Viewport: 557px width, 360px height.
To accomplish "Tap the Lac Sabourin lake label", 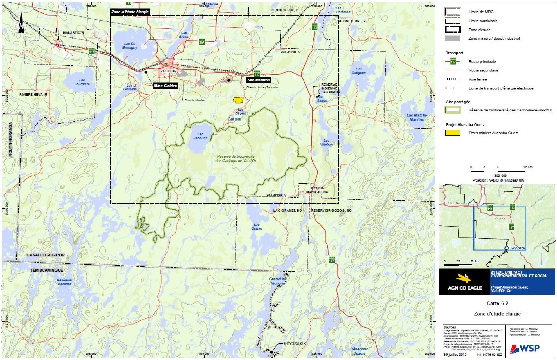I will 201,136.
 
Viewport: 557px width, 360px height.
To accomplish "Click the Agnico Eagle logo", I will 464,282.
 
